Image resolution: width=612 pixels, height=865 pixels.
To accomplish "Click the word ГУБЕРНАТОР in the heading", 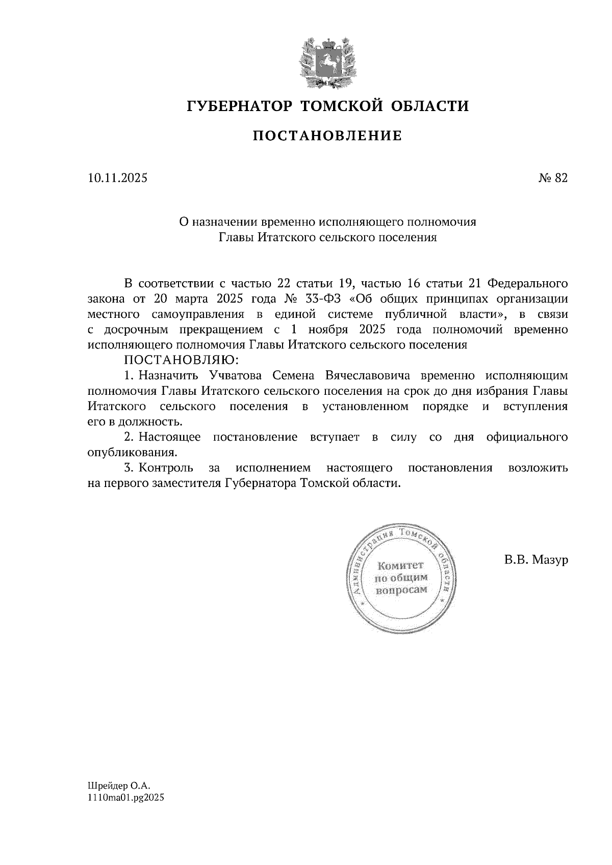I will [239, 106].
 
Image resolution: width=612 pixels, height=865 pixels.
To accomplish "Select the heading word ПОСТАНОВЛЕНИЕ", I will [327, 136].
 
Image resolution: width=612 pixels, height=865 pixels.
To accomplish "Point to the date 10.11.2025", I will [117, 178].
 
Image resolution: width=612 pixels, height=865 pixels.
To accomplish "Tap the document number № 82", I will [553, 178].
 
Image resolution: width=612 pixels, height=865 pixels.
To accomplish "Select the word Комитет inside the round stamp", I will [400, 565].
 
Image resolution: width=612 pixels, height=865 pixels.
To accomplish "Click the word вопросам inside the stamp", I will [400, 590].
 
